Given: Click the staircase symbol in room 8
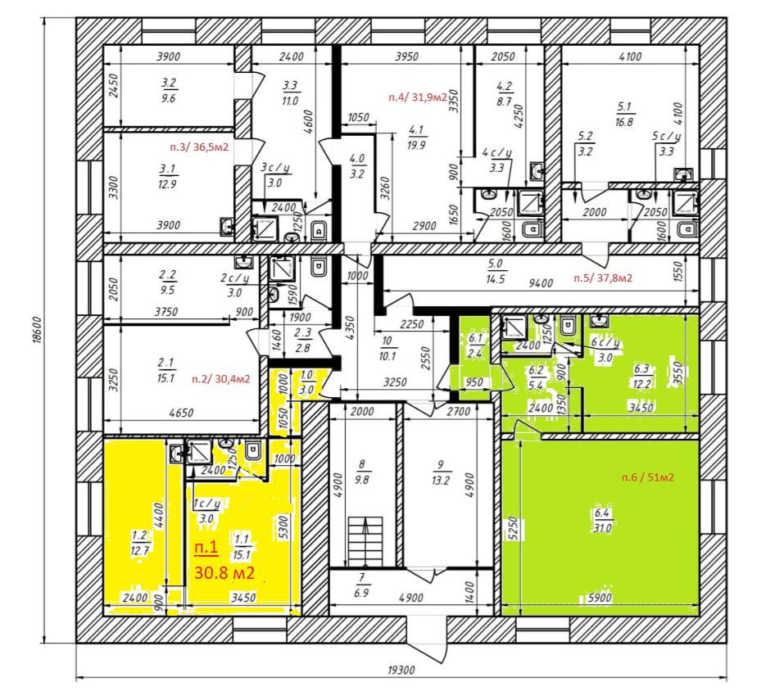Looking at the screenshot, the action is tap(365, 542).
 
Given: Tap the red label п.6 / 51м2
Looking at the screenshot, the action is tap(648, 477).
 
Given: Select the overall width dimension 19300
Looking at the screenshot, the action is tap(401, 671).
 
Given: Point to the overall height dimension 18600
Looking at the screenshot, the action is tap(38, 330).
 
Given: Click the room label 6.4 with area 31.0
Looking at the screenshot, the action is tap(603, 521).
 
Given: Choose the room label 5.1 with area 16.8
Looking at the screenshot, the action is tap(624, 115).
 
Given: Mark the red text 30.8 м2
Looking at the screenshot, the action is tap(224, 572).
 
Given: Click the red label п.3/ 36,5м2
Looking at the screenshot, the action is tap(199, 147).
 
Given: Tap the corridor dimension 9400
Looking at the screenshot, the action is tap(541, 283).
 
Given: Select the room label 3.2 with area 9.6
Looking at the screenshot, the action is tap(169, 91).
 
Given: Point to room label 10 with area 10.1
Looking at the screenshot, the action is tap(387, 349).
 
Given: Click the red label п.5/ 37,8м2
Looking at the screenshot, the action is tap(603, 278).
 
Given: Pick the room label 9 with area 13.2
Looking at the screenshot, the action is tap(441, 472).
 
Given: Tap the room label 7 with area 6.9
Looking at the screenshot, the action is tap(361, 585).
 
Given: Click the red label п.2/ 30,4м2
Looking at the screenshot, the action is tap(221, 379).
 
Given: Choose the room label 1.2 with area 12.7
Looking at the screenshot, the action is tap(140, 544).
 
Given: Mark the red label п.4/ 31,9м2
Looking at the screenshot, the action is tap(418, 97).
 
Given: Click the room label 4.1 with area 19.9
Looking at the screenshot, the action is tap(416, 138).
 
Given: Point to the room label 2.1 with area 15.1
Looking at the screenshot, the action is tap(166, 371).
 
